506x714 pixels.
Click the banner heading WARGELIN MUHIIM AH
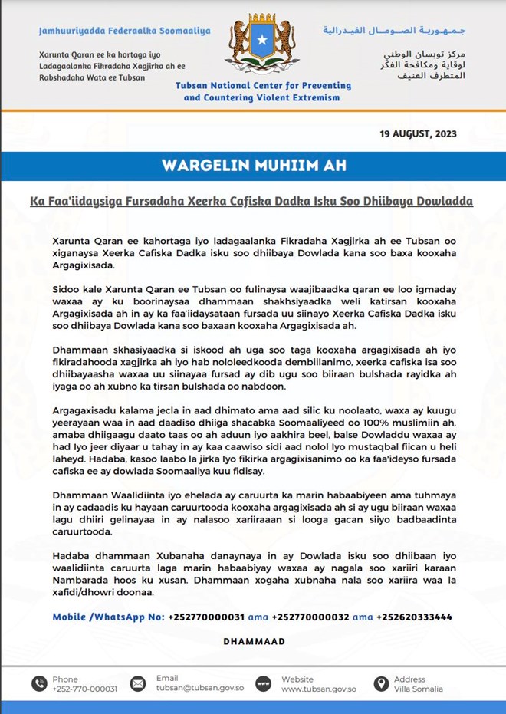(x=252, y=166)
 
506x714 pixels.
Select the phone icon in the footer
(x=39, y=683)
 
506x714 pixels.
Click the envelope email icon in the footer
(x=138, y=683)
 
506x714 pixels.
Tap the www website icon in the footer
(x=263, y=683)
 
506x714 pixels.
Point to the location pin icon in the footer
(x=380, y=683)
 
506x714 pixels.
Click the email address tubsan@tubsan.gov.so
(x=199, y=689)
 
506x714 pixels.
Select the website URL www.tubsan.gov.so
(x=318, y=689)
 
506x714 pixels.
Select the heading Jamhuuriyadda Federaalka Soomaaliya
(x=124, y=31)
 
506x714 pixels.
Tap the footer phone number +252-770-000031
(x=84, y=689)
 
